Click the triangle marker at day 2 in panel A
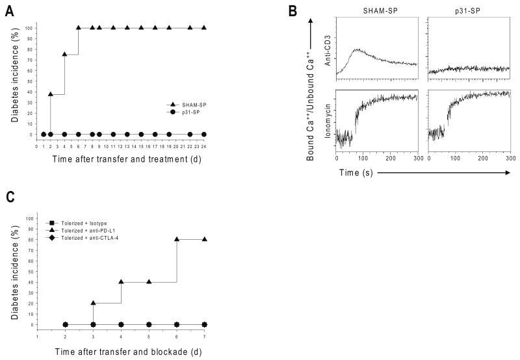tap(51, 94)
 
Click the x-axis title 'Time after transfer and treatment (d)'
tap(121, 159)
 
